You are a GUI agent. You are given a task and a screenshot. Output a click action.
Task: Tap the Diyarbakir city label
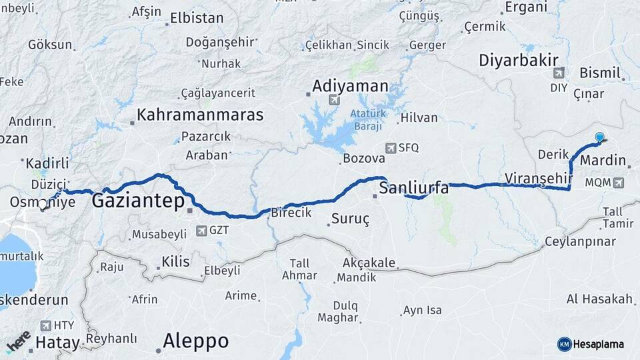point(518,61)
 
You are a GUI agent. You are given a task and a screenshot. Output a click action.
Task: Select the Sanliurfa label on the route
point(413,188)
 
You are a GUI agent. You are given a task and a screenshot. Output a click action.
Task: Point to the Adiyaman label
point(350,86)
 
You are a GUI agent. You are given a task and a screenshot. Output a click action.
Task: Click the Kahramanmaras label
point(200,115)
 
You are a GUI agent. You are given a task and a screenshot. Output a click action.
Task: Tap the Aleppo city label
point(196,341)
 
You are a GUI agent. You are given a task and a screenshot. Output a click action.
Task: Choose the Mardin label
point(603,161)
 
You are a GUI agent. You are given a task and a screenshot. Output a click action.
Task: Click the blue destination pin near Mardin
point(599,137)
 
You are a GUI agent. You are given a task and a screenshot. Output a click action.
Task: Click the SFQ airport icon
point(391,148)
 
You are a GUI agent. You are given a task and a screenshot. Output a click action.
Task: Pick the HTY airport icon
point(46,325)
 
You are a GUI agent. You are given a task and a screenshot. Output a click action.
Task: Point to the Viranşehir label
point(539,178)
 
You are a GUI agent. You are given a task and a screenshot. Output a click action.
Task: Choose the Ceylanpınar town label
point(579,241)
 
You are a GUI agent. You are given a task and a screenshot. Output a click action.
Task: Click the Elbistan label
point(196,19)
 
